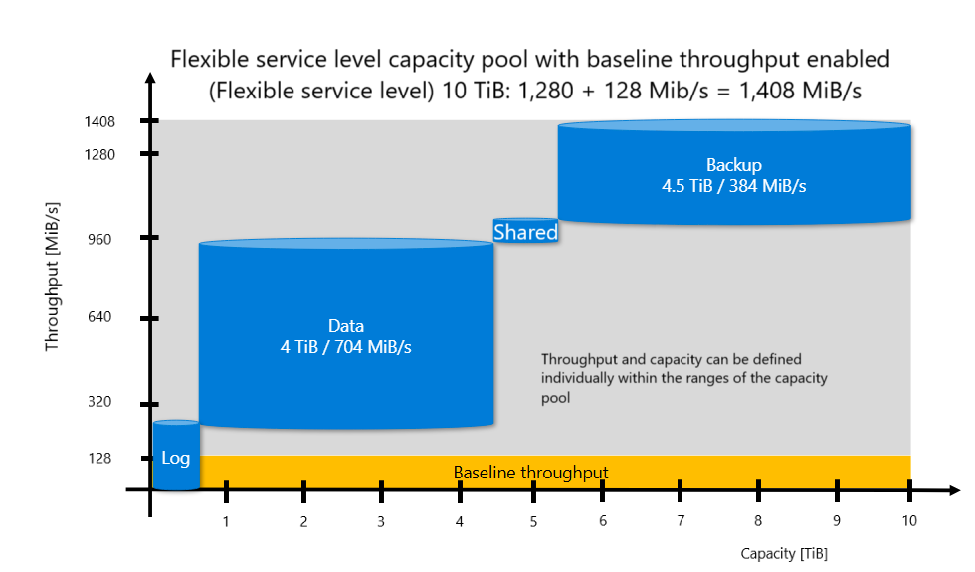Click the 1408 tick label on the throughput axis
point(101,122)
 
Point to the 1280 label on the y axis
point(101,154)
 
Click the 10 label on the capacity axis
point(909,521)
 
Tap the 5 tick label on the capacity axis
point(533,521)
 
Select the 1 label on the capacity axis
point(227,521)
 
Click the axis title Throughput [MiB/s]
point(53,276)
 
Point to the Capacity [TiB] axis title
point(784,553)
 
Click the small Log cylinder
point(176,457)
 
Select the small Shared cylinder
point(525,232)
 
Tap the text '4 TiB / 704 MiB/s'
point(346,346)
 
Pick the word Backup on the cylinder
point(733,165)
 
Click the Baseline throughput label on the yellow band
point(530,473)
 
